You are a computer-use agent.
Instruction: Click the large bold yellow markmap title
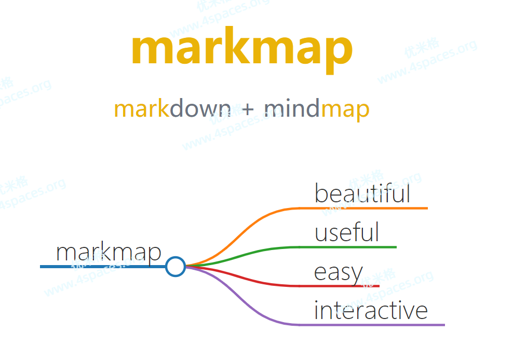coord(242,50)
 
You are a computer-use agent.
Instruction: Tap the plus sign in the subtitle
coord(248,109)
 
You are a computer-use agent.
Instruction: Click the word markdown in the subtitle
coord(172,108)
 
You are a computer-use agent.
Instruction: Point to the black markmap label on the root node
coord(109,252)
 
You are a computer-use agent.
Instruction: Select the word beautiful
coord(362,193)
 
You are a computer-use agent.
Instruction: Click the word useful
coord(347,232)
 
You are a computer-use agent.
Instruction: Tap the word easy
coord(339,273)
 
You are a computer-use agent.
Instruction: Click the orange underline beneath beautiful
coord(363,208)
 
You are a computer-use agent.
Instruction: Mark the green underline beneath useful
coord(348,247)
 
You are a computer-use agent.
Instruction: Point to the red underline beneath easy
coord(339,286)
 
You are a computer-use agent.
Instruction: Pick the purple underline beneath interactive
coord(372,325)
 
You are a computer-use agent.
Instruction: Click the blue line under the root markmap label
coord(102,267)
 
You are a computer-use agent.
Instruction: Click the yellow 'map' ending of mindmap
coord(345,111)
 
